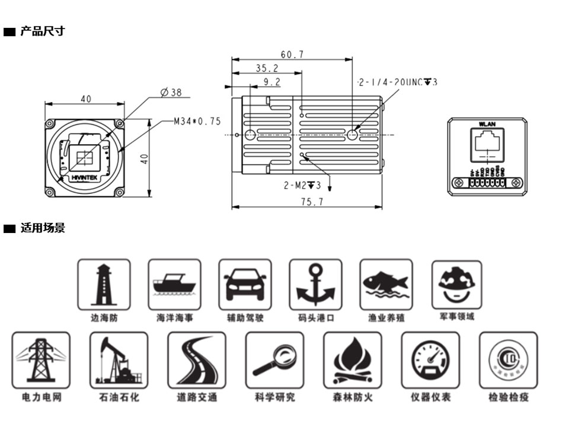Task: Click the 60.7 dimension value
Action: [292, 55]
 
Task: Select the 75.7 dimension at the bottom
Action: [312, 202]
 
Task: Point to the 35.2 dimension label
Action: [267, 68]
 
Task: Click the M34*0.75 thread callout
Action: [197, 121]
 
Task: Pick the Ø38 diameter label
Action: [171, 93]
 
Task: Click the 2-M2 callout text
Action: [302, 186]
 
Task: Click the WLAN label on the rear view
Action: [487, 124]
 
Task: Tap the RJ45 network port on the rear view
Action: [487, 146]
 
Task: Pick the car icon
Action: [245, 284]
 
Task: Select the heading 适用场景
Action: [43, 228]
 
